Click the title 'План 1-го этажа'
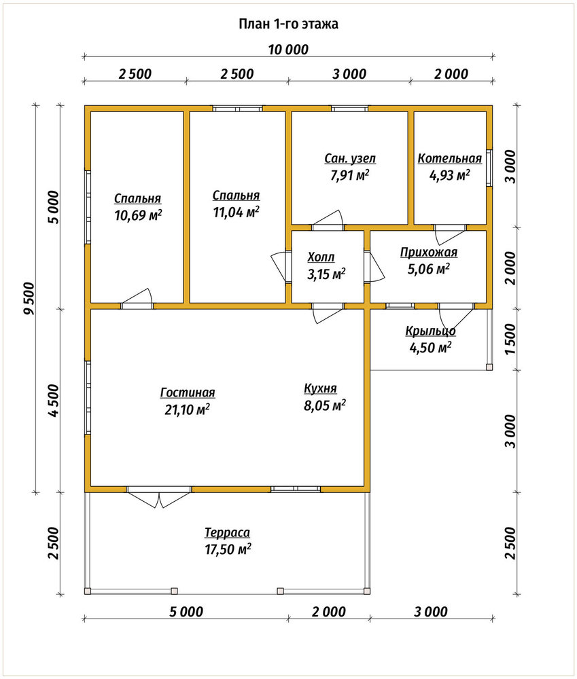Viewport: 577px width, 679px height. (288, 24)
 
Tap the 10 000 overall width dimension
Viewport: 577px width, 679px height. (288, 50)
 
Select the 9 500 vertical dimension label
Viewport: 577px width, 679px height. (29, 299)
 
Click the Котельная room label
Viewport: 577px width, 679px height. (449, 158)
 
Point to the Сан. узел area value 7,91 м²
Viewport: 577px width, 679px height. (349, 176)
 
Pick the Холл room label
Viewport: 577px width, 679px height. (321, 257)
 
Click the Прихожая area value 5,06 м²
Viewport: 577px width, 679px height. (428, 269)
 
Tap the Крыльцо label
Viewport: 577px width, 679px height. (430, 331)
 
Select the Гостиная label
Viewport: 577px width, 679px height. (188, 392)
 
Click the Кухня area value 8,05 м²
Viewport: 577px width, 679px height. (325, 406)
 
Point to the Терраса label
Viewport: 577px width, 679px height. (227, 532)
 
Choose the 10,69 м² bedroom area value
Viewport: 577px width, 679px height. (138, 215)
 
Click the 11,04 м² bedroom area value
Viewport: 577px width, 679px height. (237, 212)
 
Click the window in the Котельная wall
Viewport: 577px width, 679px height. (489, 168)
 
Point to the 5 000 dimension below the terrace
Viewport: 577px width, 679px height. (186, 612)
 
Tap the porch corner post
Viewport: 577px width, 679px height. (489, 367)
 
